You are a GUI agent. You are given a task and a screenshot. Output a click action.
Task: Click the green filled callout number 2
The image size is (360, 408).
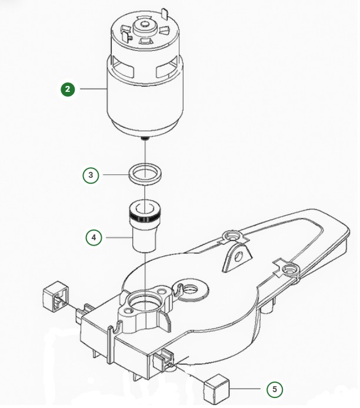click(69, 89)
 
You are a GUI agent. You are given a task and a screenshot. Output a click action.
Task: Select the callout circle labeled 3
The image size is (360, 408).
click(91, 175)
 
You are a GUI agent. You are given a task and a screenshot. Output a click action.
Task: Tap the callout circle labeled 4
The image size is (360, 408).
click(94, 238)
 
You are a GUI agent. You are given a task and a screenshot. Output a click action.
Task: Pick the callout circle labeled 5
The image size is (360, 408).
click(274, 389)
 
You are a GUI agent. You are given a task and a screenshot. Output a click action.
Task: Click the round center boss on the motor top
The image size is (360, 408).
click(143, 26)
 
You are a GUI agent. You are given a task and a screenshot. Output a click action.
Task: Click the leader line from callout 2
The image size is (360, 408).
click(91, 89)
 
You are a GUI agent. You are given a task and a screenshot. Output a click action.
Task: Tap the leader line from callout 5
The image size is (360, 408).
click(245, 389)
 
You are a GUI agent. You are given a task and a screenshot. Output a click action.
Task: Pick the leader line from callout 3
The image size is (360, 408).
click(114, 175)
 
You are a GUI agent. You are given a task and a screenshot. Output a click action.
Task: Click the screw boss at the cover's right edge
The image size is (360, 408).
click(288, 270)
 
